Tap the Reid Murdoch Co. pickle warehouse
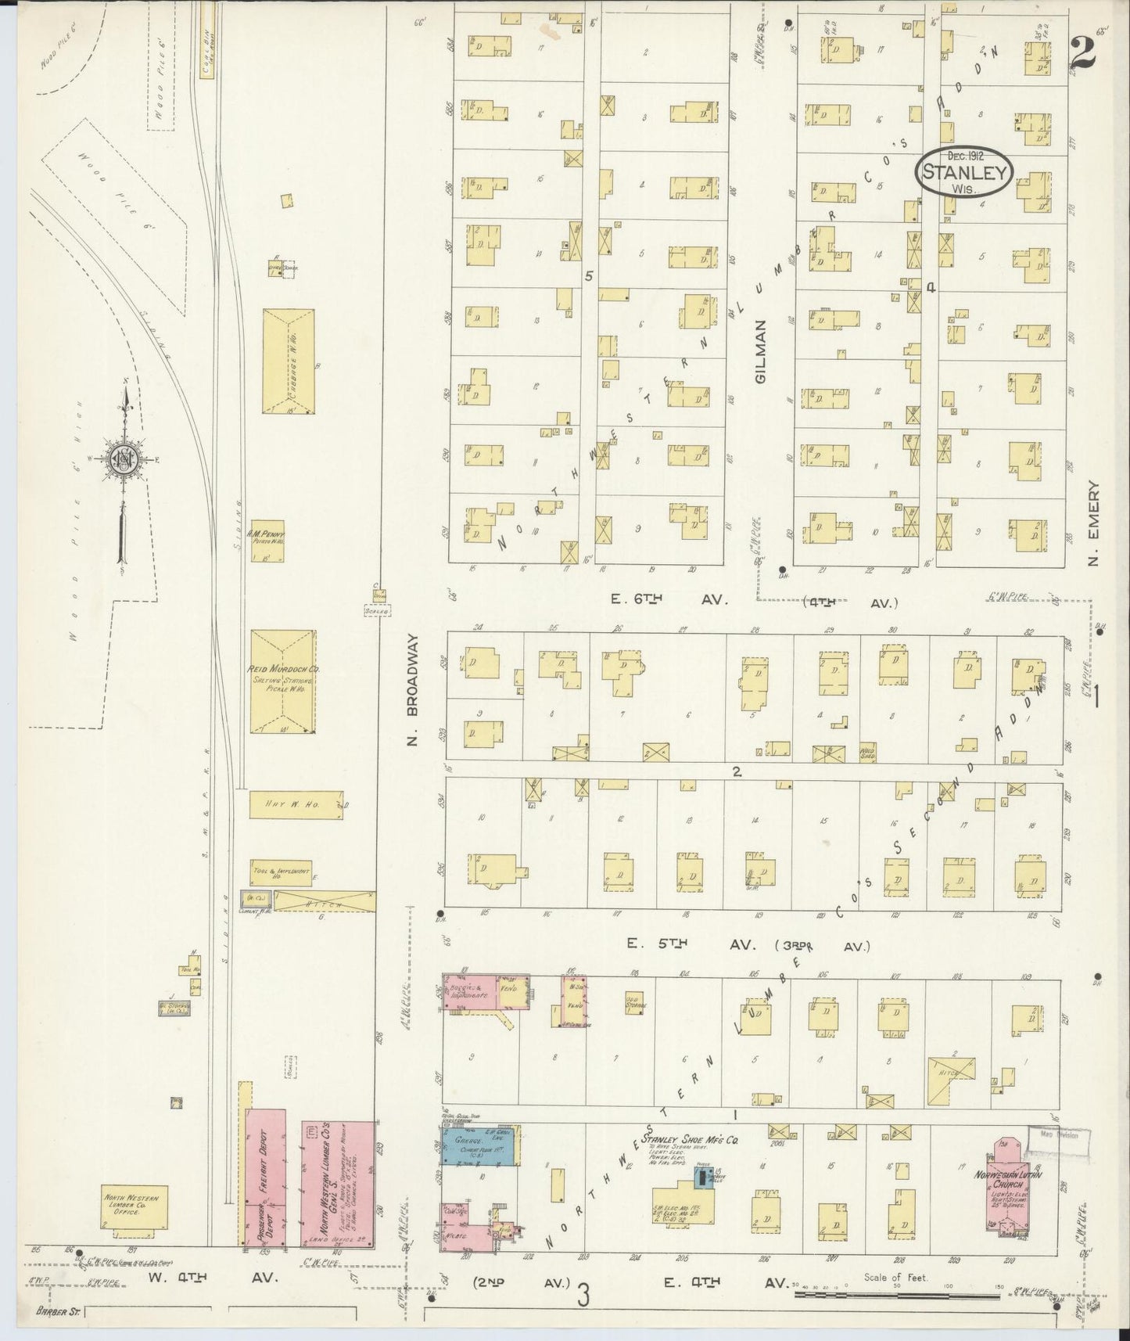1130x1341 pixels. tap(283, 681)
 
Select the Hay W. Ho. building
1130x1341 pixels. tap(296, 804)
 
